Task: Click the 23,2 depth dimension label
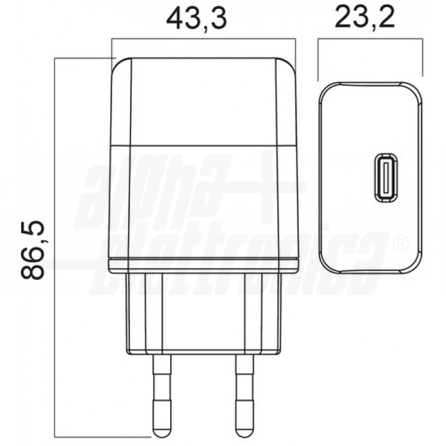point(365,17)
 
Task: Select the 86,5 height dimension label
point(32,250)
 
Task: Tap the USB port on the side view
point(385,178)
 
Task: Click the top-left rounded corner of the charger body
point(118,65)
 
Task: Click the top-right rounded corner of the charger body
point(288,65)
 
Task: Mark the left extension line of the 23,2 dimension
point(318,60)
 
